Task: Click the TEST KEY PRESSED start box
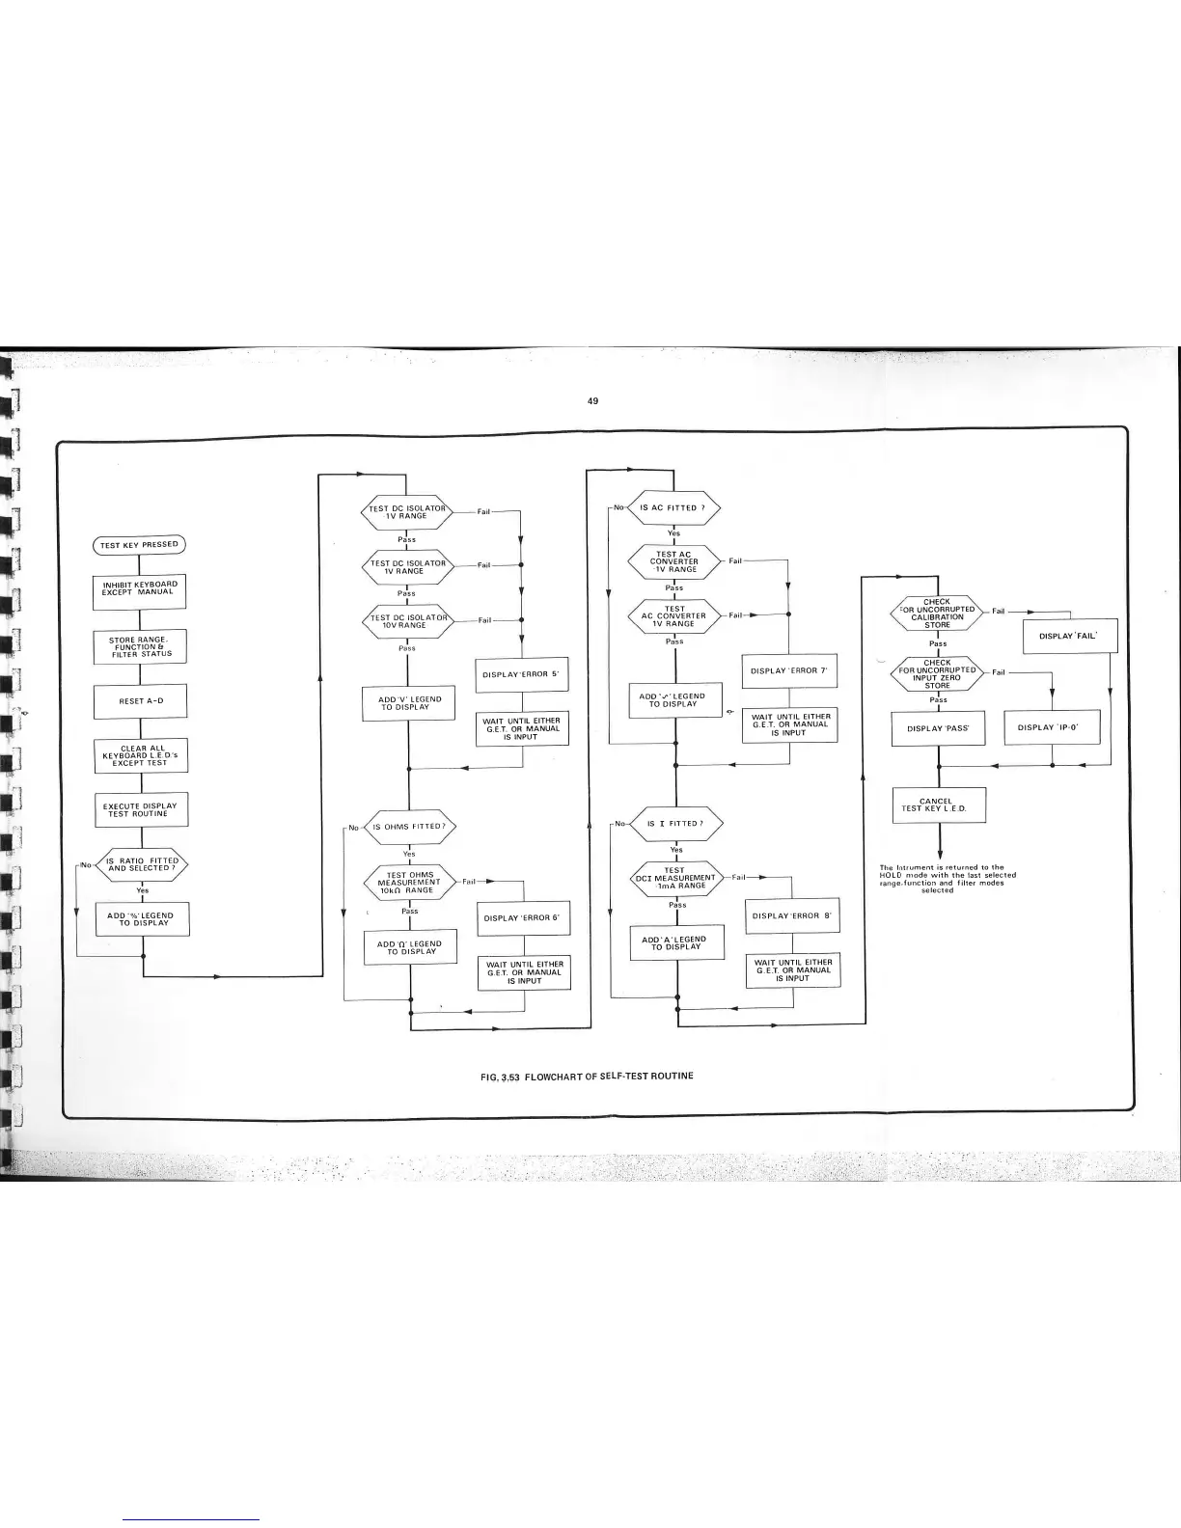139,545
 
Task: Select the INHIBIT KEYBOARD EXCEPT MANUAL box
140,588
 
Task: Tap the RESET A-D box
140,701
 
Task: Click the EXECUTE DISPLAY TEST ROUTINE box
140,810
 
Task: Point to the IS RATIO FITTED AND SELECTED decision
142,864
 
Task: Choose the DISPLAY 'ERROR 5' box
521,674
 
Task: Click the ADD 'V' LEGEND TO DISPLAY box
409,703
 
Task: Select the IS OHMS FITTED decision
408,827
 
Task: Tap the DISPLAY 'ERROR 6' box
522,918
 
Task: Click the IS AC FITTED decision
673,507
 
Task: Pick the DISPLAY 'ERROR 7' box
789,670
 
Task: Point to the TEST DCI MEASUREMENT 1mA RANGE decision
675,878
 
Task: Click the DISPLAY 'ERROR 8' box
791,915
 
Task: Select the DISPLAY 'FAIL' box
1070,636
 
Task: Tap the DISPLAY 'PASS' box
938,728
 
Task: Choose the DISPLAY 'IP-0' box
1052,727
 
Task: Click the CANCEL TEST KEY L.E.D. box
939,805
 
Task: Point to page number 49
593,400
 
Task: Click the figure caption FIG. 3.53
587,1076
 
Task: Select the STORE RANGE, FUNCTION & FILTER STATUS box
140,646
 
